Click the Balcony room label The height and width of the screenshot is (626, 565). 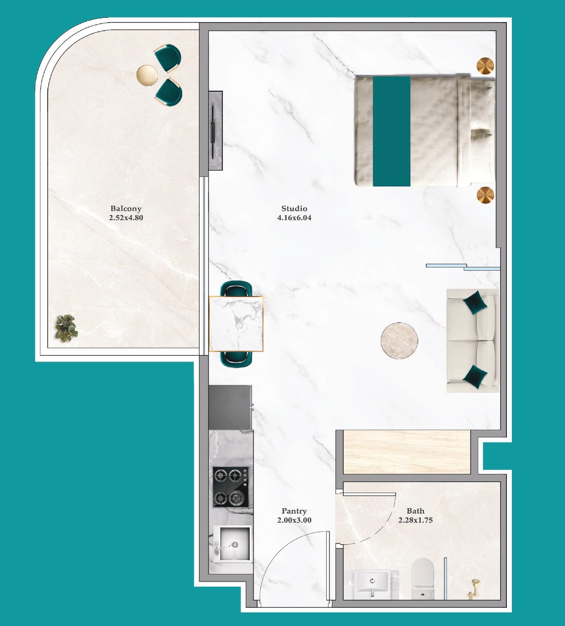126,209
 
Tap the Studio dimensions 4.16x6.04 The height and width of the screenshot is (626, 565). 294,218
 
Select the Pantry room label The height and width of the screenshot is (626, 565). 294,511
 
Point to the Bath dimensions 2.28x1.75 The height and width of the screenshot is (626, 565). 415,520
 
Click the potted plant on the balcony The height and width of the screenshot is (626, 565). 66,328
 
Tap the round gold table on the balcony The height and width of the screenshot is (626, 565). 147,75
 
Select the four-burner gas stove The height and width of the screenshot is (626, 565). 231,487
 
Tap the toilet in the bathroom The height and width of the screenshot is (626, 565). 422,578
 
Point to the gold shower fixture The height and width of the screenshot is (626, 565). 474,588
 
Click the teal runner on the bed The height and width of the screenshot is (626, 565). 392,131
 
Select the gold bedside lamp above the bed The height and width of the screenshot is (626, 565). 486,66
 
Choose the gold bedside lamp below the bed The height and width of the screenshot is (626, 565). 486,195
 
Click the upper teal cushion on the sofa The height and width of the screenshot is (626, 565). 475,303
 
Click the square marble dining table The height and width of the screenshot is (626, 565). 236,324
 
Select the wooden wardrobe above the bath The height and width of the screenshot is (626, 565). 407,452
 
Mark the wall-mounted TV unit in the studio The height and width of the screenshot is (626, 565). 216,131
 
